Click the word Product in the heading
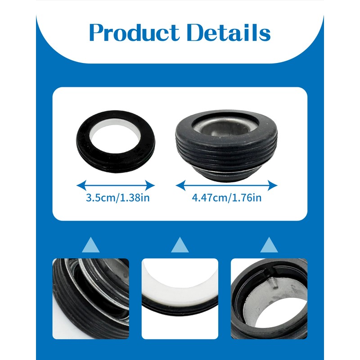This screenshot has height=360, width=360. click(134, 33)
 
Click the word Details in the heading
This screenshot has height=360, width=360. click(229, 33)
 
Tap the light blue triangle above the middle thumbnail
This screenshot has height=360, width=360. click(180, 245)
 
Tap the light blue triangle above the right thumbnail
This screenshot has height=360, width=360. click(270, 245)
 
